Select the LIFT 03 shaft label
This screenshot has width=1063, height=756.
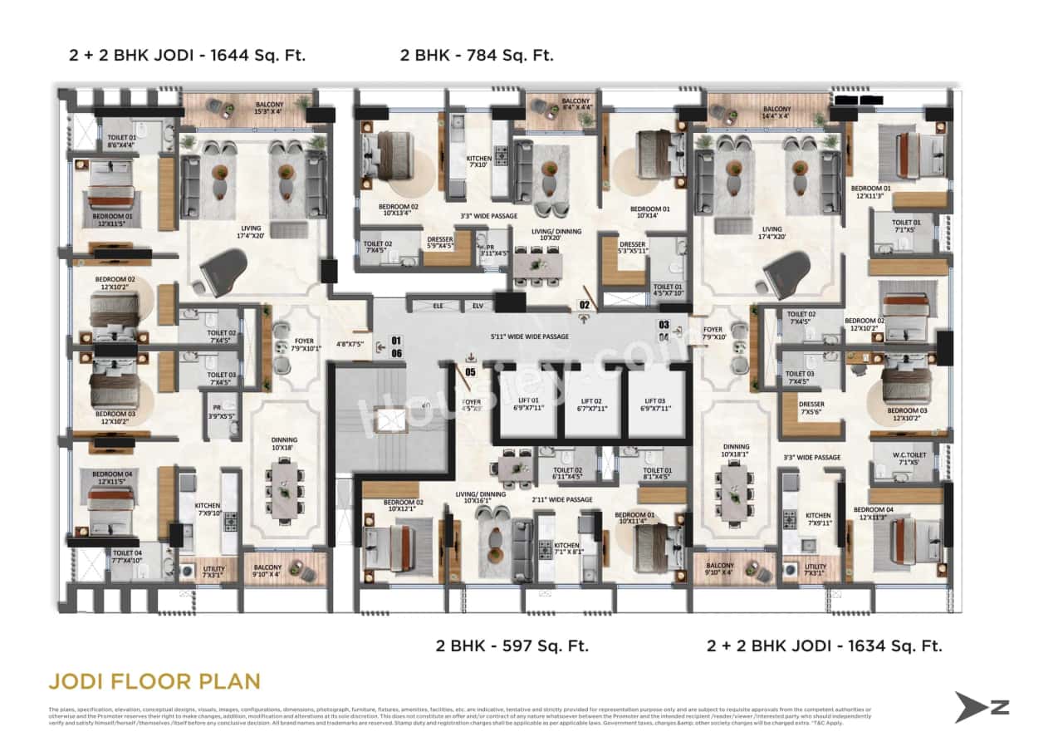pyautogui.click(x=656, y=404)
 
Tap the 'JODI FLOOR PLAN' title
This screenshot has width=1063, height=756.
pyautogui.click(x=154, y=682)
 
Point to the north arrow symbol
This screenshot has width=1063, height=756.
pyautogui.click(x=981, y=707)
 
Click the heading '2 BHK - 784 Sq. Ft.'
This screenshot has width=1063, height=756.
pyautogui.click(x=477, y=56)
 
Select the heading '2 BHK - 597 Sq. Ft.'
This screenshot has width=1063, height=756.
pyautogui.click(x=512, y=646)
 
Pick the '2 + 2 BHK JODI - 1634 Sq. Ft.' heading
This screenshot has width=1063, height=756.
pyautogui.click(x=824, y=646)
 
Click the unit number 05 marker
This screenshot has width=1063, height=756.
pyautogui.click(x=470, y=371)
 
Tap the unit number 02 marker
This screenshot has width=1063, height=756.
pyautogui.click(x=584, y=305)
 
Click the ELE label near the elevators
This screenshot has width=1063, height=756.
pyautogui.click(x=438, y=305)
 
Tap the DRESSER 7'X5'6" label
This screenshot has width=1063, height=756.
pyautogui.click(x=811, y=408)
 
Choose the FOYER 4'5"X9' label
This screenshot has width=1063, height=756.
pyautogui.click(x=471, y=405)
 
